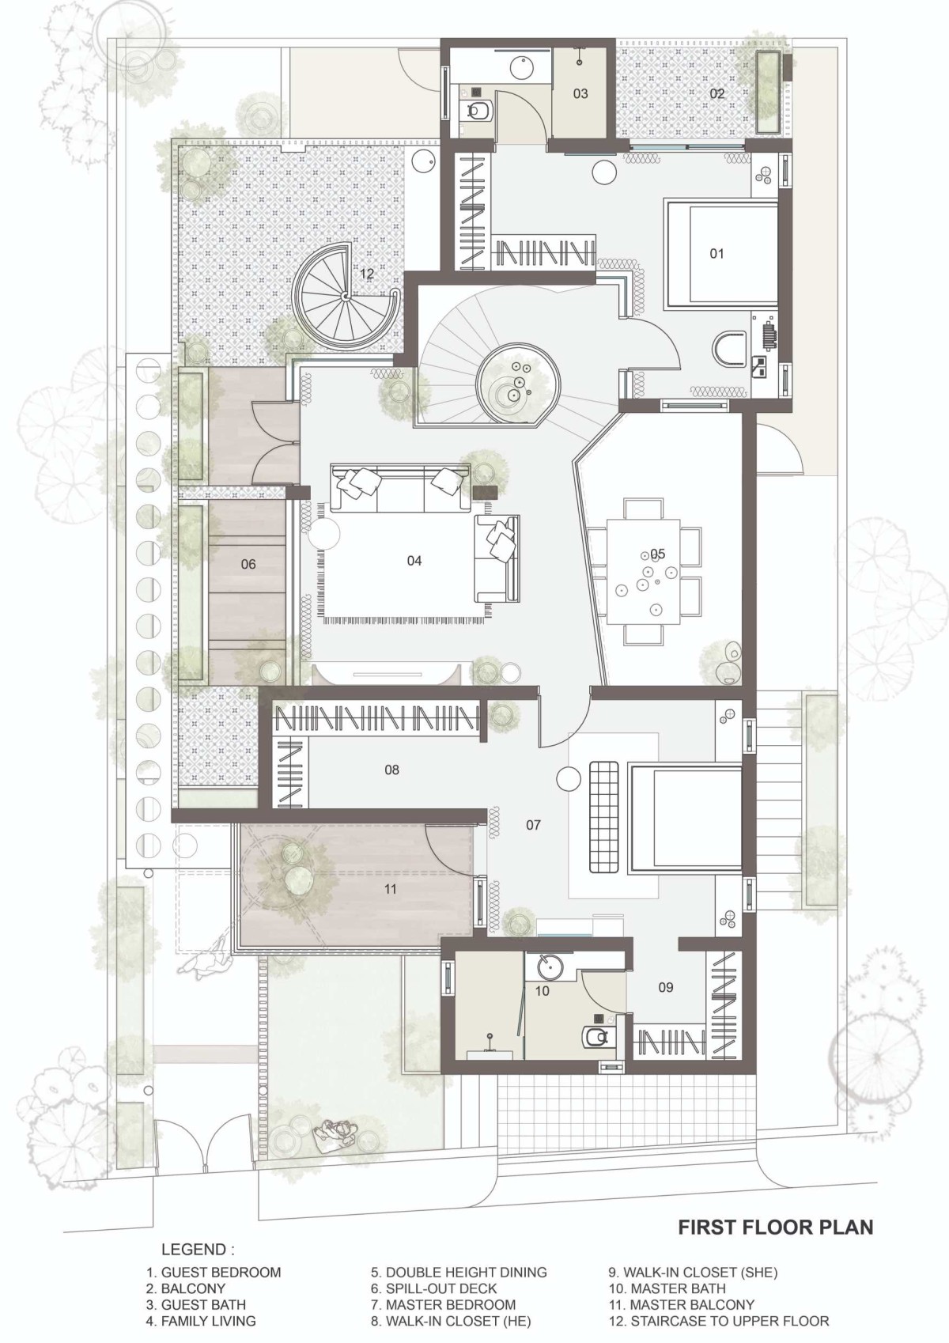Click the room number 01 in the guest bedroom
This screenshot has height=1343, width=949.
716,254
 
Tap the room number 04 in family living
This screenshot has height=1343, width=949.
414,561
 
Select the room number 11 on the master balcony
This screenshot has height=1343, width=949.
390,888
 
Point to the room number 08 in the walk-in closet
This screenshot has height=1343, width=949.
391,770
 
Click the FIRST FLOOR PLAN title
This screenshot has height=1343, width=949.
776,1210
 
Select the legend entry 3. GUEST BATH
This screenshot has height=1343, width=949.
195,1304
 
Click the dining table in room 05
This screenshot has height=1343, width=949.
643,573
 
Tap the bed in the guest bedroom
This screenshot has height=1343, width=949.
721,254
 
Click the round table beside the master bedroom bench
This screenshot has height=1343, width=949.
569,779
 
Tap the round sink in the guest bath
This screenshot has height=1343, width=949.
521,66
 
